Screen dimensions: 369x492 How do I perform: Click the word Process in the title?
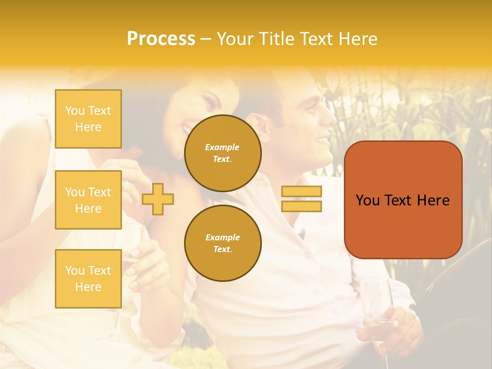coord(161,38)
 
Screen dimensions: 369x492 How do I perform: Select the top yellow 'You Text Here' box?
coord(88,119)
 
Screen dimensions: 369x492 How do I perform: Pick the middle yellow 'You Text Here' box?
coord(88,200)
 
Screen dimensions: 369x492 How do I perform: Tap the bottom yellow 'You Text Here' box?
coord(88,279)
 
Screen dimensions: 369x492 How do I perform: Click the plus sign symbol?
coord(158,199)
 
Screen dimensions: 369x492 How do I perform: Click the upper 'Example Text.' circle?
coord(223,153)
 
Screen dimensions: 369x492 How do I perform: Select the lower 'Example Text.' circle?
coord(223,243)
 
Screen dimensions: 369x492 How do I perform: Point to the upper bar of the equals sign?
coord(301,191)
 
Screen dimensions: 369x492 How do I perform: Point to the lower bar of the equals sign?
coord(301,206)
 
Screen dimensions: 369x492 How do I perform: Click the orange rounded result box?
coord(403,200)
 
